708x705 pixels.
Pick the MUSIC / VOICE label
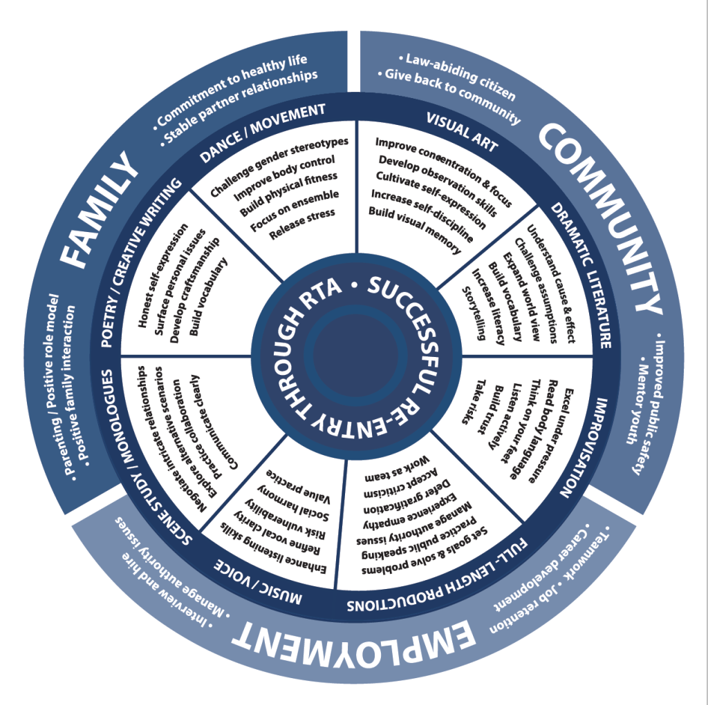point(260,583)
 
